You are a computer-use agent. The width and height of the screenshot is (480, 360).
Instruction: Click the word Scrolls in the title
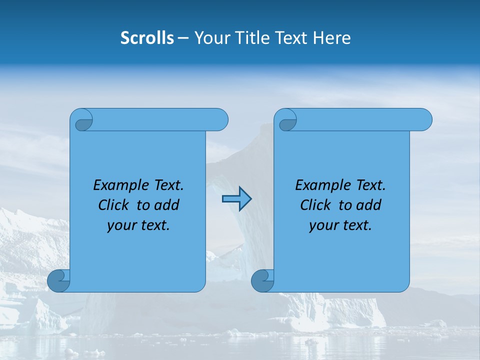pos(147,38)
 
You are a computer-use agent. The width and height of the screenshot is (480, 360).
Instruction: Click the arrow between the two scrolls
pos(236,199)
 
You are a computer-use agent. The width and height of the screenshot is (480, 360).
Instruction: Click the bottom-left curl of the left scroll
pos(58,280)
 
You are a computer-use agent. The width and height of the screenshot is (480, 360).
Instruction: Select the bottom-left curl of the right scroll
pos(262,280)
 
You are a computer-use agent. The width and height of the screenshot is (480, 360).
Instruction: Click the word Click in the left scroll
pos(114,205)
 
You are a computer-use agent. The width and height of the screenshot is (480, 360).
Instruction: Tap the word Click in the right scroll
pos(316,205)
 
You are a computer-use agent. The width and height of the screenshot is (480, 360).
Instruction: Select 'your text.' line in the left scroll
pos(138,225)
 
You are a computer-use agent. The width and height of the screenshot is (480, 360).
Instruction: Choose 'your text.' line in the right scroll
pos(340,225)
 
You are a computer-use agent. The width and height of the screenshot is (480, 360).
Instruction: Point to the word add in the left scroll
pos(167,205)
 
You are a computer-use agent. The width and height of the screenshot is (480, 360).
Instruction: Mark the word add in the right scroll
pos(369,205)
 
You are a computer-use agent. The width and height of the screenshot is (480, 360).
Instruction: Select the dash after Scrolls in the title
pos(183,38)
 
